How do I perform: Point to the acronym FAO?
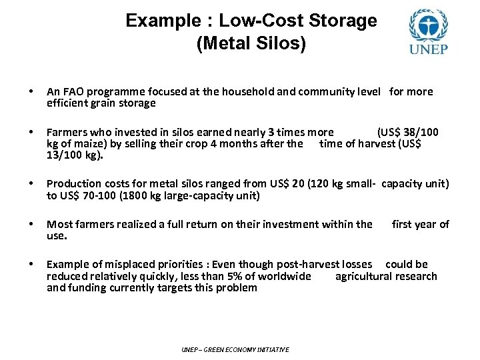tap(73, 91)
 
